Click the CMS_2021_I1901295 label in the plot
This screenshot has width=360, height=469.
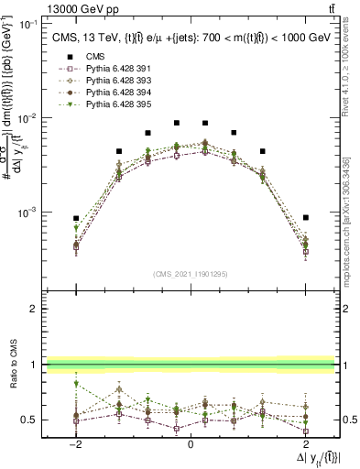tap(190, 274)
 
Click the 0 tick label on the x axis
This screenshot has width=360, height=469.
tap(191, 444)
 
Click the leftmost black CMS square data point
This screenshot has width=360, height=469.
tap(76, 218)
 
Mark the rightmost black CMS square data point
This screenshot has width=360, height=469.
tap(305, 218)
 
